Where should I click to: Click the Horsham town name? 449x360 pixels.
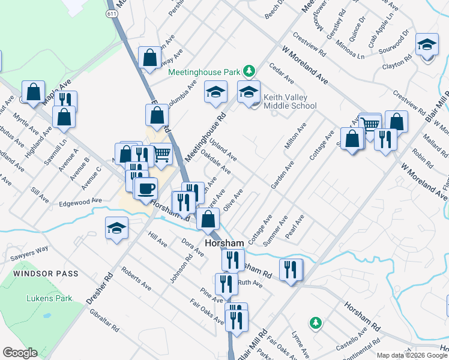tap(224, 244)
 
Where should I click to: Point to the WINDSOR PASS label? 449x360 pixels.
tap(44, 274)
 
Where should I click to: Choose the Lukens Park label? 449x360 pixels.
tap(49, 298)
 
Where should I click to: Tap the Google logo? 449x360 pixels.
tap(20, 353)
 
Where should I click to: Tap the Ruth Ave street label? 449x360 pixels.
tap(250, 283)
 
